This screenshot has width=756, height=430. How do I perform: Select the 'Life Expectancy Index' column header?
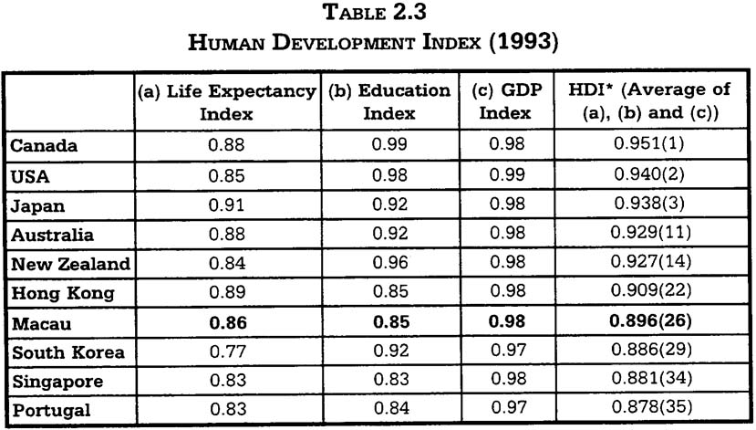coord(226,102)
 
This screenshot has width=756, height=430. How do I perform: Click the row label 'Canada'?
coord(45,146)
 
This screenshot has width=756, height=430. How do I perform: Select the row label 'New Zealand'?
coord(70,265)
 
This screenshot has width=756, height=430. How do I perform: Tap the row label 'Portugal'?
coord(51,411)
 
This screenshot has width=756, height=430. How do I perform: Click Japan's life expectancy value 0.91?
coord(226,205)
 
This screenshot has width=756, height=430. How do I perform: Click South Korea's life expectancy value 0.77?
coord(226,351)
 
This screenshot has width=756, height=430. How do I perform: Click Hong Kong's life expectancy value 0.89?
coord(226,293)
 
